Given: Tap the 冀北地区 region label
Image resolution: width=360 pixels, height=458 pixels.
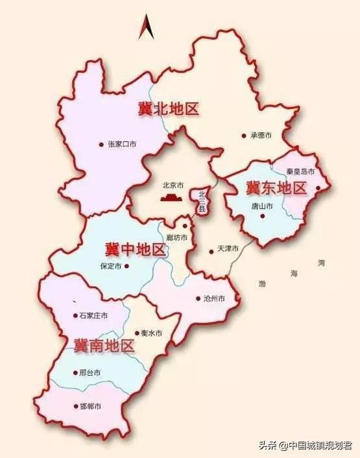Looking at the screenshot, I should pos(168,108).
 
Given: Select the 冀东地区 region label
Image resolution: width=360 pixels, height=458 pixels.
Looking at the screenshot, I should pos(276,188).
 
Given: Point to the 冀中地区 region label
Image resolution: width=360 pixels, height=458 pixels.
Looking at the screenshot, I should pos(135,248).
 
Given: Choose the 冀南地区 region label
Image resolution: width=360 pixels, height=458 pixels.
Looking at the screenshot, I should pos(104,344).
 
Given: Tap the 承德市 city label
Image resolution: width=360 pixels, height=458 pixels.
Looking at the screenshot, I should pos(260,136).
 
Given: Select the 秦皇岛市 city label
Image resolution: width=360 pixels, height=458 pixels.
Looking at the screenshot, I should pos(300,172).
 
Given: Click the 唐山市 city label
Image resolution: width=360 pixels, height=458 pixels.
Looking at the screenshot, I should pos(262,206).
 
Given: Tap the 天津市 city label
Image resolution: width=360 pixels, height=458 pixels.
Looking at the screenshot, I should pos(228,249).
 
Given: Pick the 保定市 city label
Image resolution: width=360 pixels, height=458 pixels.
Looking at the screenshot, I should pos(112,265).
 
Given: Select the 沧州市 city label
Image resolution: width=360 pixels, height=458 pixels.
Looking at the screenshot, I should pos(214,298).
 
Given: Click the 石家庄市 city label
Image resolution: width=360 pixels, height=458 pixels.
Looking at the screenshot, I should pos(93,315).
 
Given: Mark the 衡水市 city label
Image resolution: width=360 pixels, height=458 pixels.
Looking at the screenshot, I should pos(151,333).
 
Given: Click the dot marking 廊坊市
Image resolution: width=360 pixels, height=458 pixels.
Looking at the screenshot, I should pos(185,226).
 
